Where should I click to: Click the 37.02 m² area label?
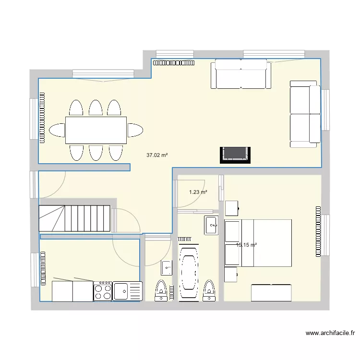coord(157,155)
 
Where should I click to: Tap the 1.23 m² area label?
coord(198,192)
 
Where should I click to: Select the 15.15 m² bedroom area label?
coord(246,245)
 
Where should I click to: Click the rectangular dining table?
coord(96,130)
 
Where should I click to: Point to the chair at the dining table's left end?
coord(57,130)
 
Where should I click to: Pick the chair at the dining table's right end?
coord(135,130)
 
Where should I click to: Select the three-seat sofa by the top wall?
coord(240,74)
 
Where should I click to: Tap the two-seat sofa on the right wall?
coord(305,114)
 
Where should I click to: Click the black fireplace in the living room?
coord(236,154)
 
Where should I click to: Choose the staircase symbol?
coord(74,218)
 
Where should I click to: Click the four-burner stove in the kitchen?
coord(103,291)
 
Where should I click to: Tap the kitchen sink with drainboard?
coord(127,291)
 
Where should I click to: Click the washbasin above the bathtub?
coord(211,226)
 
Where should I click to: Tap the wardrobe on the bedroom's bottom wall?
coord(272,292)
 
